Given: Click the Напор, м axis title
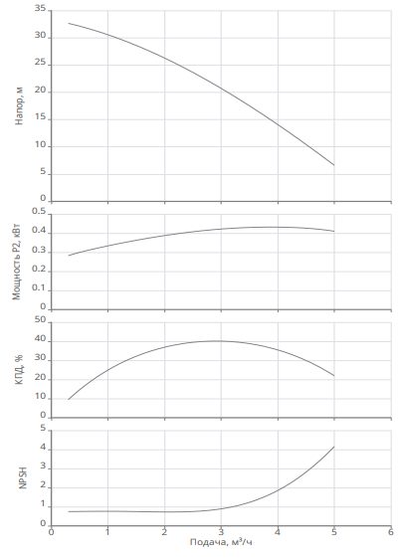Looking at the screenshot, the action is (19, 105).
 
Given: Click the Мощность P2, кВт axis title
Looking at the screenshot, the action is (16, 262).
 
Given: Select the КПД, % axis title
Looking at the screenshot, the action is (19, 369).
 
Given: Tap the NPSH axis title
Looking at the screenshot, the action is (23, 477).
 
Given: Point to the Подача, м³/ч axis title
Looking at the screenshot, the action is (221, 542).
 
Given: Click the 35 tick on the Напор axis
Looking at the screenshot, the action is (40, 9).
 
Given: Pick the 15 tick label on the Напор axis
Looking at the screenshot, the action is (40, 117).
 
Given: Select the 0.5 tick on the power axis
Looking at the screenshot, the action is (39, 211).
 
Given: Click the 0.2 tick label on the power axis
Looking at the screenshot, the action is (39, 269).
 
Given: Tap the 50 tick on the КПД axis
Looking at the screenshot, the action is (40, 319).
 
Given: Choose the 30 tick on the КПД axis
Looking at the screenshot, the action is (40, 358).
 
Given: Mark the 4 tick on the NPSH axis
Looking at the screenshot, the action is (43, 448).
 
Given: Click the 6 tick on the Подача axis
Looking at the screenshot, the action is (391, 532).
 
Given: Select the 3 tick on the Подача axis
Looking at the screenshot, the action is (221, 532).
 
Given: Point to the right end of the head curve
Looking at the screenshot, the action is (334, 165).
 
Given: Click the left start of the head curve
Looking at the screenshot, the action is (69, 23).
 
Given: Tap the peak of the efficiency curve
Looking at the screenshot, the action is (215, 341).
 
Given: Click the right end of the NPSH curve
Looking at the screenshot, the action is (334, 447).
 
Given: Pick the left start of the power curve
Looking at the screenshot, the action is (69, 256).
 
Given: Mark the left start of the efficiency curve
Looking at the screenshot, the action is (69, 399).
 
